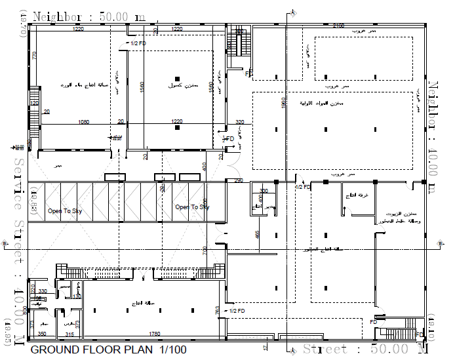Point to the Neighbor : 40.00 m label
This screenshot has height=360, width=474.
(x=433, y=138)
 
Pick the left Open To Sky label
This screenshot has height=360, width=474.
(x=64, y=211)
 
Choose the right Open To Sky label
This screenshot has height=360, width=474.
(x=191, y=207)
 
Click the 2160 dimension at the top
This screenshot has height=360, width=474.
(x=338, y=26)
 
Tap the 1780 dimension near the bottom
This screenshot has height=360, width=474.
(x=154, y=334)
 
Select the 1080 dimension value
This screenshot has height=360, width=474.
(x=84, y=122)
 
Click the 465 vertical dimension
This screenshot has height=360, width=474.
(x=258, y=234)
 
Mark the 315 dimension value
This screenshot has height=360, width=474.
(x=69, y=334)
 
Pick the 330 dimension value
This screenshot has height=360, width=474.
(x=43, y=291)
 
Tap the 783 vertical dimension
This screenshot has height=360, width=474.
(x=217, y=310)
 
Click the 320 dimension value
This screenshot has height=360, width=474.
(x=239, y=122)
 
